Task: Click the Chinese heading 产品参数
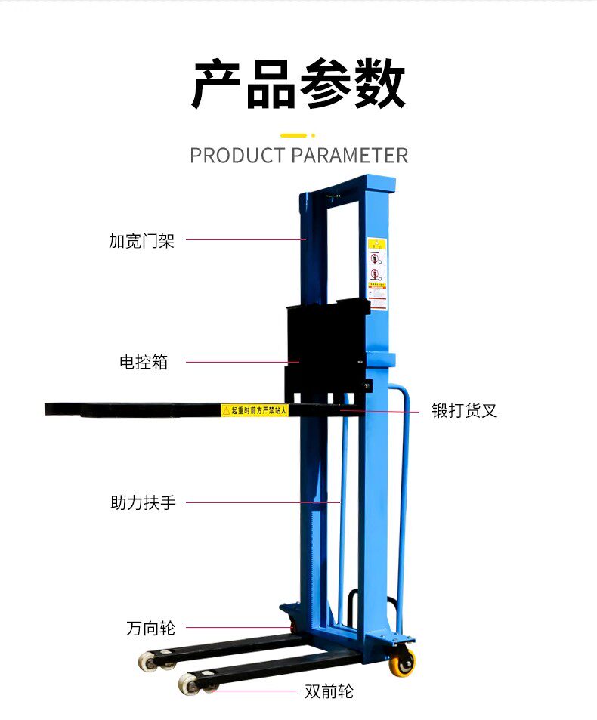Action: point(298,85)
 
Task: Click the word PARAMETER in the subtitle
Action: point(349,156)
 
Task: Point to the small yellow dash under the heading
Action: point(293,135)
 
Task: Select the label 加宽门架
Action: point(141,241)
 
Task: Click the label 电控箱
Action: point(144,362)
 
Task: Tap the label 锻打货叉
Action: point(464,411)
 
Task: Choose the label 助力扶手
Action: point(143,502)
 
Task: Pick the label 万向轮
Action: point(150,628)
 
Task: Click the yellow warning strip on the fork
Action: point(255,410)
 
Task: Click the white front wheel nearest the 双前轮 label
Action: point(190,684)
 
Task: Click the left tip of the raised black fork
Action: point(49,409)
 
